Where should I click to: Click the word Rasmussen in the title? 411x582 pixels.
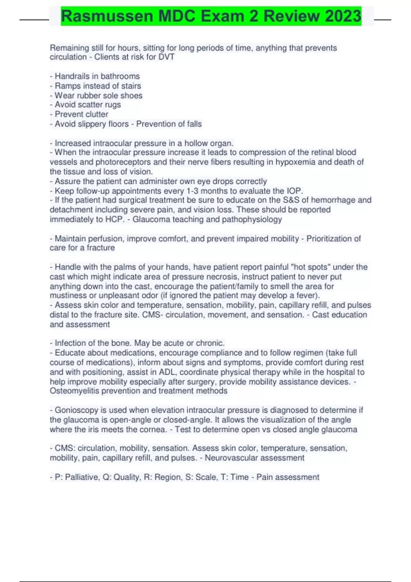(107, 16)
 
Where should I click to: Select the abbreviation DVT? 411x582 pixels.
(166, 57)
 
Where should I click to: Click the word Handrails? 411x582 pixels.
(71, 76)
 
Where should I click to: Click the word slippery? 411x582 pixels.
(92, 124)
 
